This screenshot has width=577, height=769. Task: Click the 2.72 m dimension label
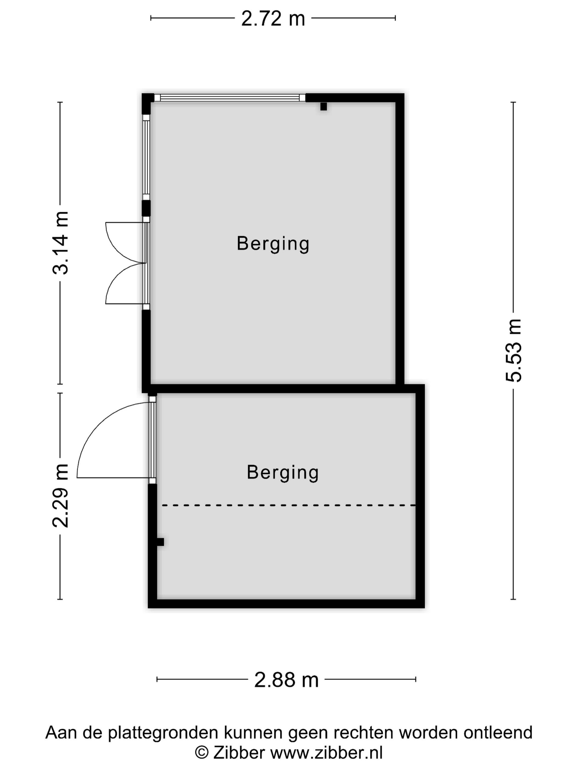click(273, 18)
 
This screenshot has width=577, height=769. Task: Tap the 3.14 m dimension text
click(60, 243)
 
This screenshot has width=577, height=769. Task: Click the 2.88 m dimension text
click(286, 680)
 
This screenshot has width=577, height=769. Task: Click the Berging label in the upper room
click(273, 243)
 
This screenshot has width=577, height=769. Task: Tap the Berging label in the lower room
click(283, 472)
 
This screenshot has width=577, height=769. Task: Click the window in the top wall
click(229, 98)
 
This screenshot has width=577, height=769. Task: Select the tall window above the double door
click(146, 157)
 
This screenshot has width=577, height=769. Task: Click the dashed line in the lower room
click(289, 505)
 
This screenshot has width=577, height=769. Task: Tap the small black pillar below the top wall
click(323, 106)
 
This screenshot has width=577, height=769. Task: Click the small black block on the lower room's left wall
click(160, 542)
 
